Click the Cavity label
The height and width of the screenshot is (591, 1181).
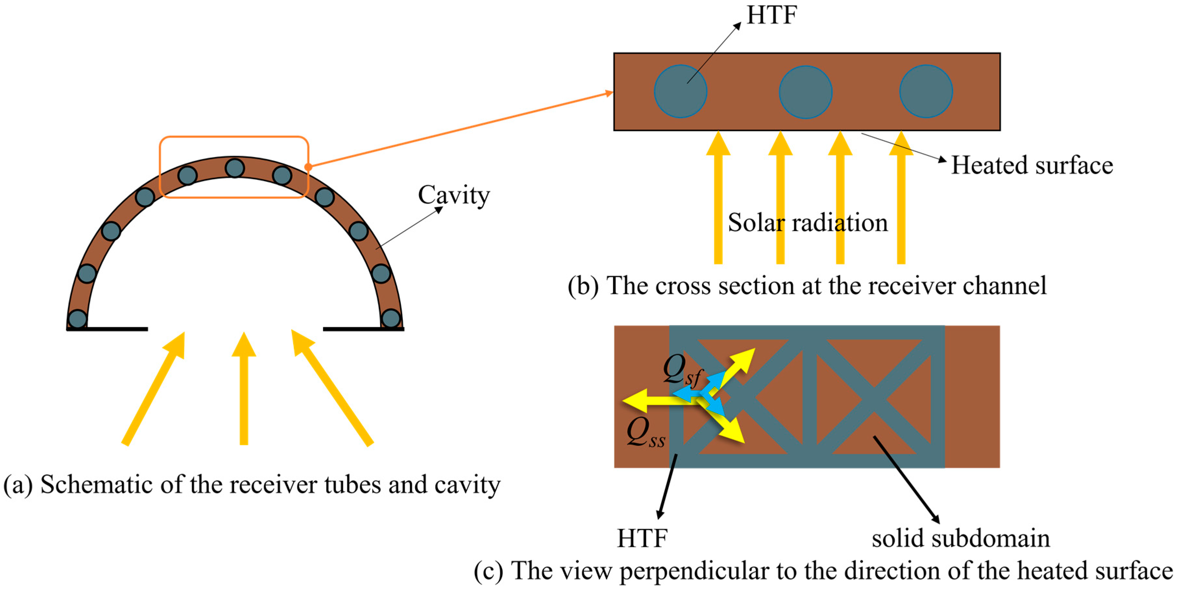(453, 195)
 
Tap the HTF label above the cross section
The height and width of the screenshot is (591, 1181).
(772, 15)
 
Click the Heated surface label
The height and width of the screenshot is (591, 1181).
(1031, 165)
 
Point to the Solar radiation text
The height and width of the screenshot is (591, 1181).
(807, 223)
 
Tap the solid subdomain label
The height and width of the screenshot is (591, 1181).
(960, 538)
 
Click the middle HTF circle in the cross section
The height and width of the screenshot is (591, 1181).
(805, 92)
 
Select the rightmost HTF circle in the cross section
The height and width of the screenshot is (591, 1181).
(926, 91)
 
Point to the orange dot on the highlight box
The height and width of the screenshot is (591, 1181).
(308, 167)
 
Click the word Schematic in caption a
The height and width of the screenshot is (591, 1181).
(96, 485)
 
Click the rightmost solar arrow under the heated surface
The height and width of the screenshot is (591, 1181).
(900, 202)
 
